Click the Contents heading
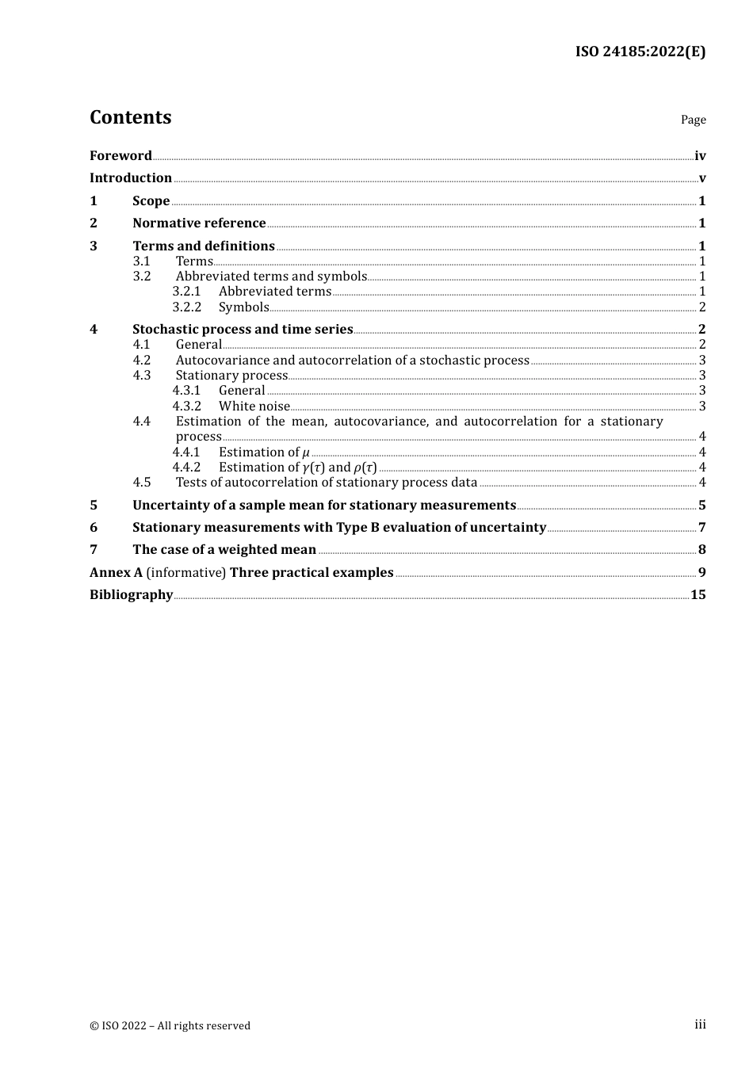[130, 117]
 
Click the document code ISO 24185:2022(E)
[640, 52]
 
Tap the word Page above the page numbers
[693, 120]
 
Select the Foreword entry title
[120, 156]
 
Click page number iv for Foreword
[700, 156]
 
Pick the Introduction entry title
[131, 178]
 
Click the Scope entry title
[151, 201]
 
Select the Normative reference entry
[199, 223]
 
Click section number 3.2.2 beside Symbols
[187, 307]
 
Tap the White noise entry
[254, 407]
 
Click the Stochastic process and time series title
[243, 330]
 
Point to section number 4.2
[142, 361]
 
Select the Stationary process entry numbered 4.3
[231, 376]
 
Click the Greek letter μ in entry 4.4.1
[306, 452]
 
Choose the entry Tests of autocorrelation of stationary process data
[327, 483]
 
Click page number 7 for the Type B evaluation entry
[701, 528]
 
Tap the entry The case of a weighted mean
[224, 550]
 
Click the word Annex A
[116, 573]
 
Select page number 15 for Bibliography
[698, 595]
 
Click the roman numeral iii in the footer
[700, 1025]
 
